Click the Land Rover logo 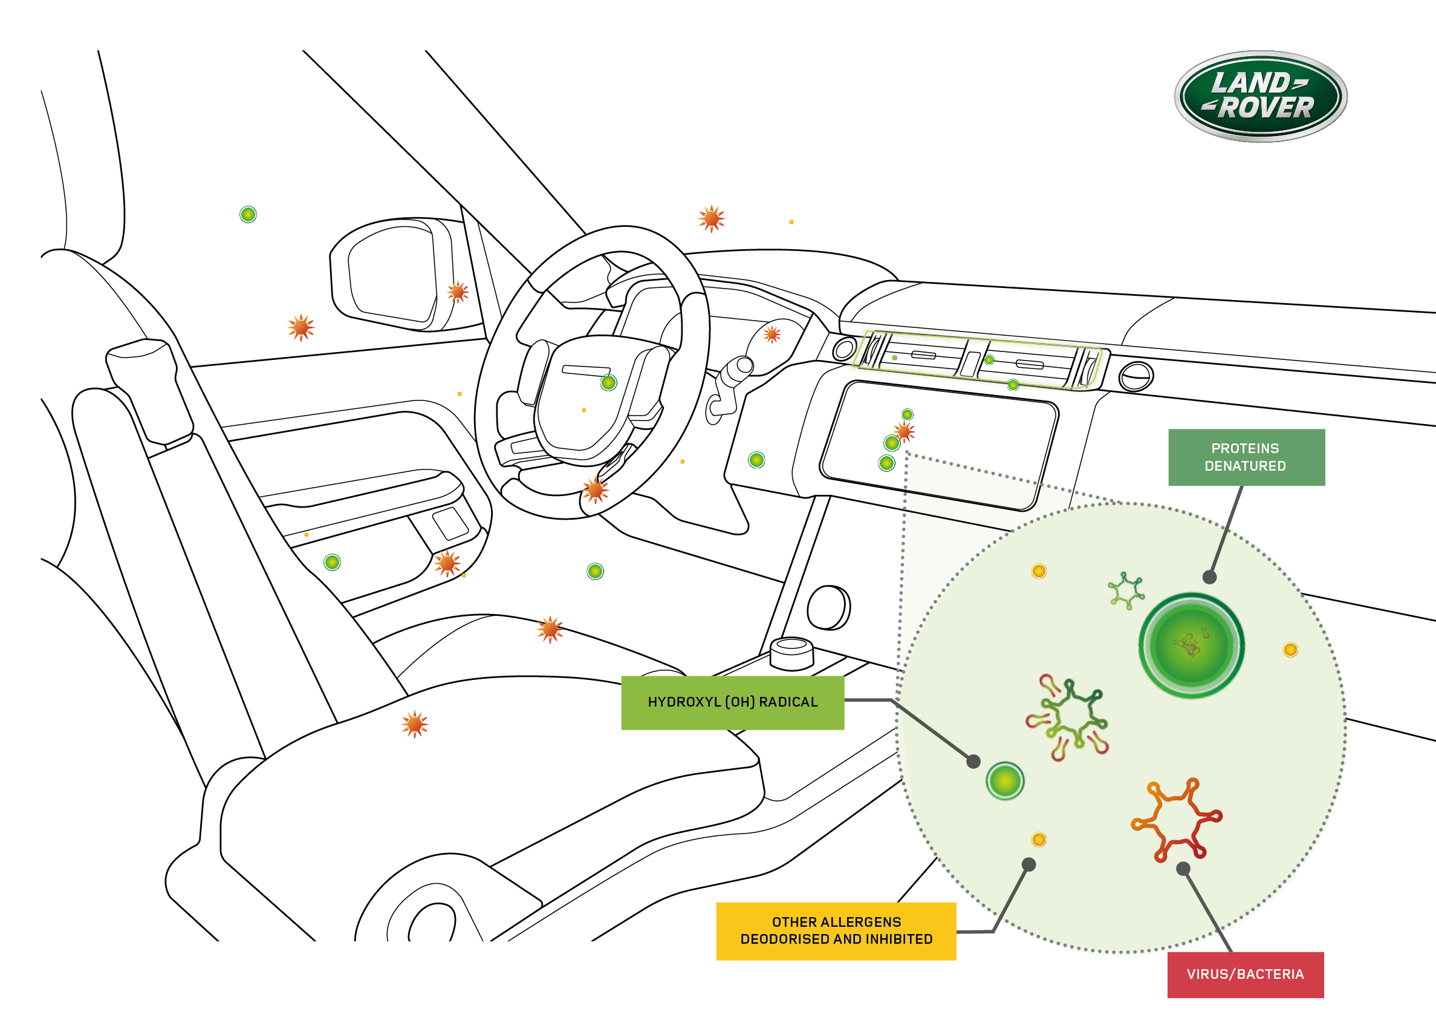[1260, 96]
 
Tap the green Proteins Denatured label [1246, 457]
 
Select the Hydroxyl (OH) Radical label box [733, 702]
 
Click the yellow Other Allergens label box [836, 930]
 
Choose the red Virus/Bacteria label [1245, 974]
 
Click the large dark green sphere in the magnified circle [1191, 645]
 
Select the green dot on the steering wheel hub [608, 382]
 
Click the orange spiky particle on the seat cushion [415, 724]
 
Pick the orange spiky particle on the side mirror [458, 292]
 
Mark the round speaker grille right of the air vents [1135, 377]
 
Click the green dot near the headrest [248, 214]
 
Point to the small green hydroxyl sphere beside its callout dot [1005, 781]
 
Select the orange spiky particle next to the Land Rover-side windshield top [712, 218]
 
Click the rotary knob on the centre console [792, 652]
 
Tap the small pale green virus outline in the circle [1126, 590]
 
